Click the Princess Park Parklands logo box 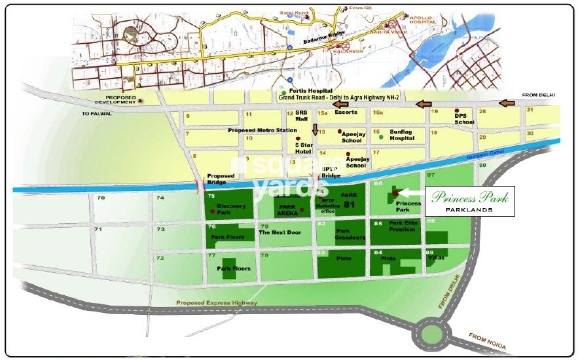click(x=469, y=201)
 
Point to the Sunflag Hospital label click(x=402, y=135)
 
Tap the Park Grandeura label click(x=351, y=234)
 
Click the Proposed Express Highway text click(x=217, y=303)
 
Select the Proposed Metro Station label click(x=257, y=130)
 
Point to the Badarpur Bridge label click(x=324, y=41)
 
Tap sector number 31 click(x=530, y=109)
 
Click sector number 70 click(x=100, y=198)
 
